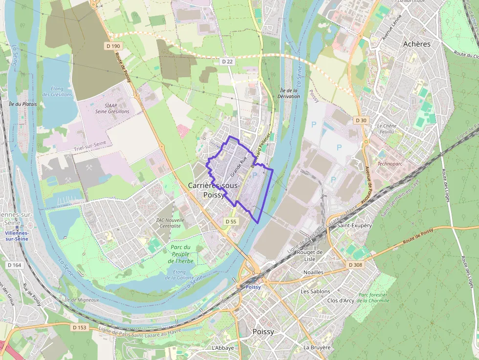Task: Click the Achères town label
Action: point(417,44)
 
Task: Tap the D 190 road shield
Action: point(112,46)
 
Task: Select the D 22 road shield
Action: point(227,62)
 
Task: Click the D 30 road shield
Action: point(361,120)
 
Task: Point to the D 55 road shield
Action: point(231,221)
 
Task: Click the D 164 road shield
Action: point(15,265)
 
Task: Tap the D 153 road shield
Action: point(81,327)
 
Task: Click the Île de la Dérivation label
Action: point(289,93)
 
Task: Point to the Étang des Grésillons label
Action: point(57,91)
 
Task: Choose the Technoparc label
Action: point(390,164)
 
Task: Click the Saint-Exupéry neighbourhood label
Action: point(355,226)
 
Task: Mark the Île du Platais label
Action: point(23,104)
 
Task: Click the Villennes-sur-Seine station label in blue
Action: point(17,236)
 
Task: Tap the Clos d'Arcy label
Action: point(341,300)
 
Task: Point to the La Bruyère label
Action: point(317,347)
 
